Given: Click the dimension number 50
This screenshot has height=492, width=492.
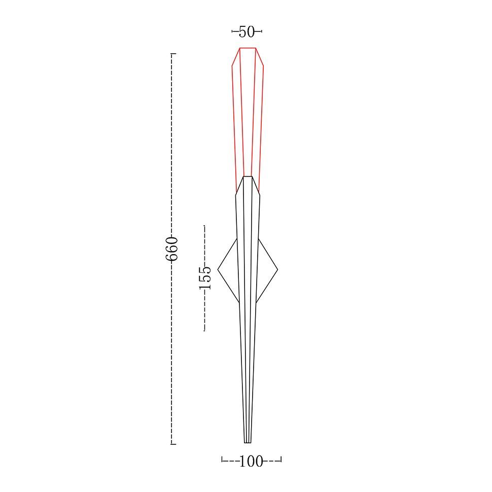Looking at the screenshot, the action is pos(247,31).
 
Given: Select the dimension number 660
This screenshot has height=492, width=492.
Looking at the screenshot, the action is pos(171,249).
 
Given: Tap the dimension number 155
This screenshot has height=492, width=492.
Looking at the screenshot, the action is pos(205,277).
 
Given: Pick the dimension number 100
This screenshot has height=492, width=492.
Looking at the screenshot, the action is pos(251,461).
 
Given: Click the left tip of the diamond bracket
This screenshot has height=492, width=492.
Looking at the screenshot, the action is pos(218,269).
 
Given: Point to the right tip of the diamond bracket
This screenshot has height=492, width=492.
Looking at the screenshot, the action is pos(277,269).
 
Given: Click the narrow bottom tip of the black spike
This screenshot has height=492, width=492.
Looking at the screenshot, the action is pos(248,443).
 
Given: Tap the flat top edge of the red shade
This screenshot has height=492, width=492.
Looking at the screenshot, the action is pos(248,48).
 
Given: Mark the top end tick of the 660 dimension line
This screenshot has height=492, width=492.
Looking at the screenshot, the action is pos(173,54).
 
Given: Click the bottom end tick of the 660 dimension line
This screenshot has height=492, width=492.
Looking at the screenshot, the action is pos(173,444).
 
